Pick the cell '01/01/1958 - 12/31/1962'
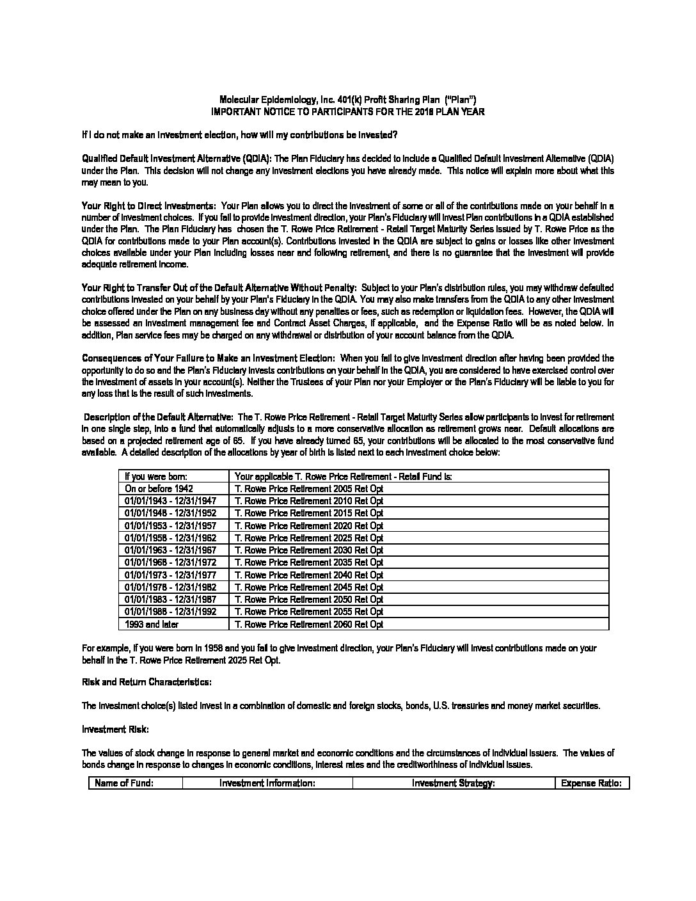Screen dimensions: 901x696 coord(170,538)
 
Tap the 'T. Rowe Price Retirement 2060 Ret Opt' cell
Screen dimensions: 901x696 coord(309,624)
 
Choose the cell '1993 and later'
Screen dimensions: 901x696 coord(152,624)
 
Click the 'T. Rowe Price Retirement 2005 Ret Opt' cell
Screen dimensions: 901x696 coord(309,488)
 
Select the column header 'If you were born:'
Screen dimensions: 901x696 coord(156,476)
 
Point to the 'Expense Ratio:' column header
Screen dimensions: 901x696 coord(591,783)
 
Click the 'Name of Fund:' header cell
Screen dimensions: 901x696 coord(124,783)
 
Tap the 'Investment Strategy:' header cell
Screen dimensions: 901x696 coord(453,783)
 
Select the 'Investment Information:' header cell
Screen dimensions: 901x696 coord(267,783)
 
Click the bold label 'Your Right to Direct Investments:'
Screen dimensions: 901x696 coord(148,205)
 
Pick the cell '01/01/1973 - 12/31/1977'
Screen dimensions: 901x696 coord(170,575)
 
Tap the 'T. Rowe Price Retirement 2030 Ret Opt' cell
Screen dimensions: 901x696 coord(309,550)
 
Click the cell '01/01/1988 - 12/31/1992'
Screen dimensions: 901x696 coord(170,611)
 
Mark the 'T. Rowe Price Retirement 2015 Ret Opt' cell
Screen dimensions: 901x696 coord(309,513)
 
